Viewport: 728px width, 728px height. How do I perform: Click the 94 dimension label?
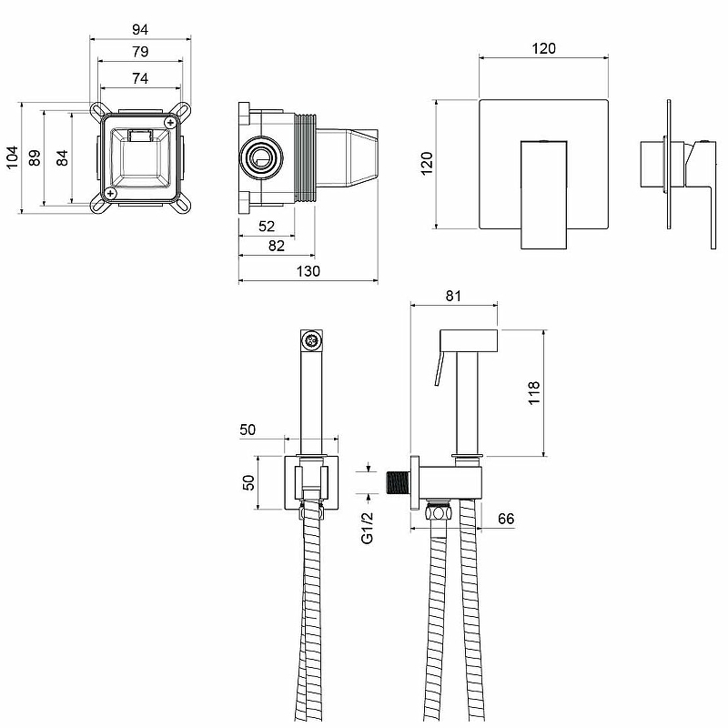[x=140, y=29]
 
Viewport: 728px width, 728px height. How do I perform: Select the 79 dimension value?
[x=140, y=54]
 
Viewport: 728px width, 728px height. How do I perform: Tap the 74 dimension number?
[x=140, y=78]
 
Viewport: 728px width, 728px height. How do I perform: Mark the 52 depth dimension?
[x=268, y=226]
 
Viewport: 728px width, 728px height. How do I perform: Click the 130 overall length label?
[x=308, y=271]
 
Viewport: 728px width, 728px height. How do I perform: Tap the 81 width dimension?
[x=455, y=296]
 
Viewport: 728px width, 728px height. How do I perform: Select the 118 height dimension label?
[x=535, y=392]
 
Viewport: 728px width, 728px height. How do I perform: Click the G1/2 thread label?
[x=369, y=527]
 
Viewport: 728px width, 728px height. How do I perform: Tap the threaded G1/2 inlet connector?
[x=398, y=482]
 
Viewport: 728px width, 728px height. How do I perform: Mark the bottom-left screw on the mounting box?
[x=110, y=192]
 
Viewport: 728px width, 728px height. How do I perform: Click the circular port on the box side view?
[x=260, y=158]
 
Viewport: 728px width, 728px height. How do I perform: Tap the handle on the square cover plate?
[x=543, y=191]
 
